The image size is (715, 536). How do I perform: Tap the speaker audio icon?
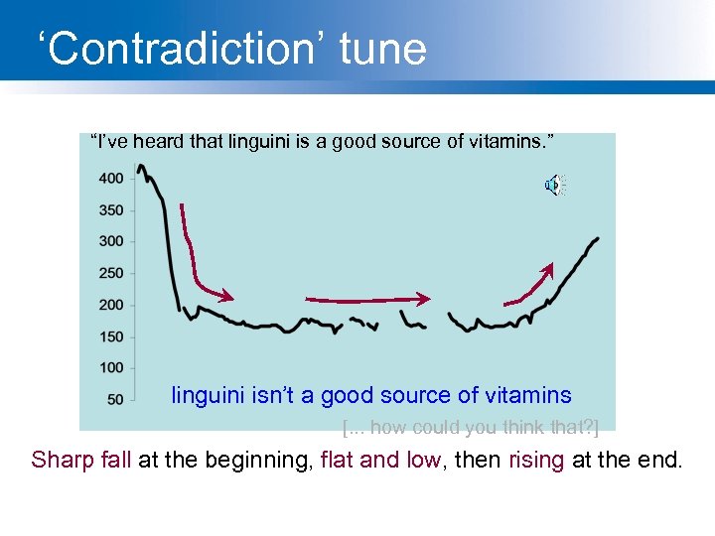point(554,185)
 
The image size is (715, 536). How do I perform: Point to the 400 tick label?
point(111,179)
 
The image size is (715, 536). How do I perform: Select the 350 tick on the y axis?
point(111,210)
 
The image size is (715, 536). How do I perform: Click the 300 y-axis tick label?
point(111,241)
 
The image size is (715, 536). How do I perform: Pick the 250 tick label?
point(111,273)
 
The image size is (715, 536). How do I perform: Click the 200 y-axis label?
point(111,305)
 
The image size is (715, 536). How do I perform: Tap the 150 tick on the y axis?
point(111,336)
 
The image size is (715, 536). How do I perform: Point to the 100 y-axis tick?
point(111,367)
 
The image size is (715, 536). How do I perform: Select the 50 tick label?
point(115,399)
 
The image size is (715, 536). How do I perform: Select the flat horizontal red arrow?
point(367,298)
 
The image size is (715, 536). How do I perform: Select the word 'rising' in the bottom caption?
point(538,460)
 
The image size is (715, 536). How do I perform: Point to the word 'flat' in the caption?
point(338,460)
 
